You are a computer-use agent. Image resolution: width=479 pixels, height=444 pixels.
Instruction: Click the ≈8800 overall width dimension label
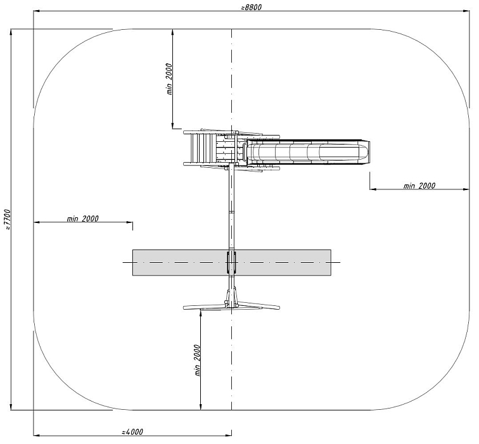251,8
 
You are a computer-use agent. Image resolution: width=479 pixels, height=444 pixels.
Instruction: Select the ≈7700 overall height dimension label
8,220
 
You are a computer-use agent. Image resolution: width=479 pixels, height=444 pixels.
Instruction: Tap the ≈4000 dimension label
132,432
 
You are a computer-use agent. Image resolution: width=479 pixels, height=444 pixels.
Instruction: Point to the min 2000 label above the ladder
170,79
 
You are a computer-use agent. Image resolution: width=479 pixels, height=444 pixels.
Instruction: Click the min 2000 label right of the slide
419,186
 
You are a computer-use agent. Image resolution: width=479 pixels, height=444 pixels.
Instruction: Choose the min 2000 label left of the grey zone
83,219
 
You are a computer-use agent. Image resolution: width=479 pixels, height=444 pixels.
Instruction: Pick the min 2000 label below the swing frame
198,360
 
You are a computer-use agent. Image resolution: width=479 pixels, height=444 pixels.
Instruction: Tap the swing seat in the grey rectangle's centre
231,262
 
